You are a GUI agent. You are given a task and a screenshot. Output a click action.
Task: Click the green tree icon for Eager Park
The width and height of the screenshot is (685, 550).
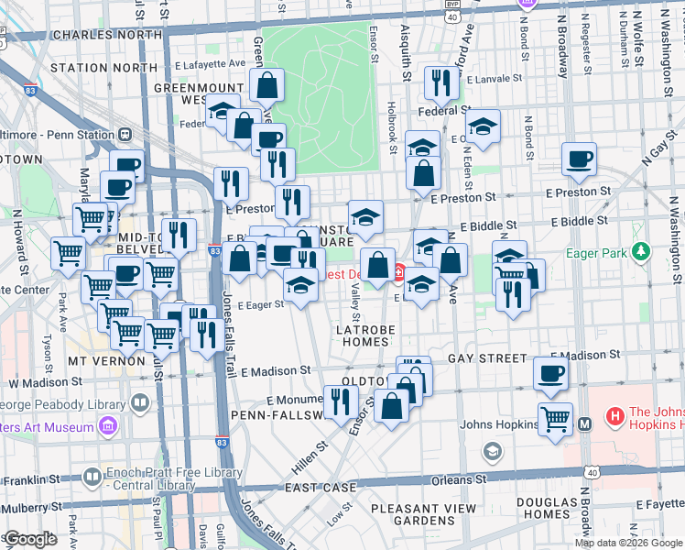(x=643, y=249)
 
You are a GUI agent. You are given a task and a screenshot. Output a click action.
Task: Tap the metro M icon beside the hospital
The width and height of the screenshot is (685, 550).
(x=586, y=423)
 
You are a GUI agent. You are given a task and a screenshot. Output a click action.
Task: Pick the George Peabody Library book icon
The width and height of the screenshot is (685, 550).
(x=140, y=401)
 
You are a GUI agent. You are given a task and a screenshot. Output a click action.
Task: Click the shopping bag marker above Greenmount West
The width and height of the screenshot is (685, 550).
(x=266, y=87)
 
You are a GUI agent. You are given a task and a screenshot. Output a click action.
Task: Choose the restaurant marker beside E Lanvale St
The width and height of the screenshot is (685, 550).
(x=442, y=84)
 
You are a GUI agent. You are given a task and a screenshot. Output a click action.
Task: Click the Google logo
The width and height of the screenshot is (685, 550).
(x=31, y=539)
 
